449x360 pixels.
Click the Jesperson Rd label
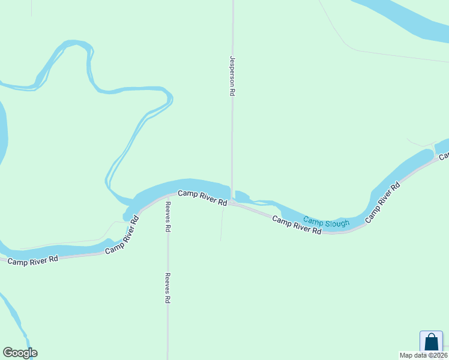point(232,77)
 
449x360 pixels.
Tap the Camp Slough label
point(326,223)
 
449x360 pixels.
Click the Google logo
point(20,353)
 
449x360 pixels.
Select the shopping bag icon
point(430,341)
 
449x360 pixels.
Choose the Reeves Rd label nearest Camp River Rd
point(169,217)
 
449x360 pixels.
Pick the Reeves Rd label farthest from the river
point(168,288)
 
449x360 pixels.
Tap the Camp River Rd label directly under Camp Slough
point(297,224)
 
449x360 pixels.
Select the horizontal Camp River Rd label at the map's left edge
point(32,260)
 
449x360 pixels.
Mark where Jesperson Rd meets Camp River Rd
point(232,203)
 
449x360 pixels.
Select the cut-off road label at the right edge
point(444,155)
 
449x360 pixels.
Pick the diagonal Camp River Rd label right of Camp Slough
point(382,203)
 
